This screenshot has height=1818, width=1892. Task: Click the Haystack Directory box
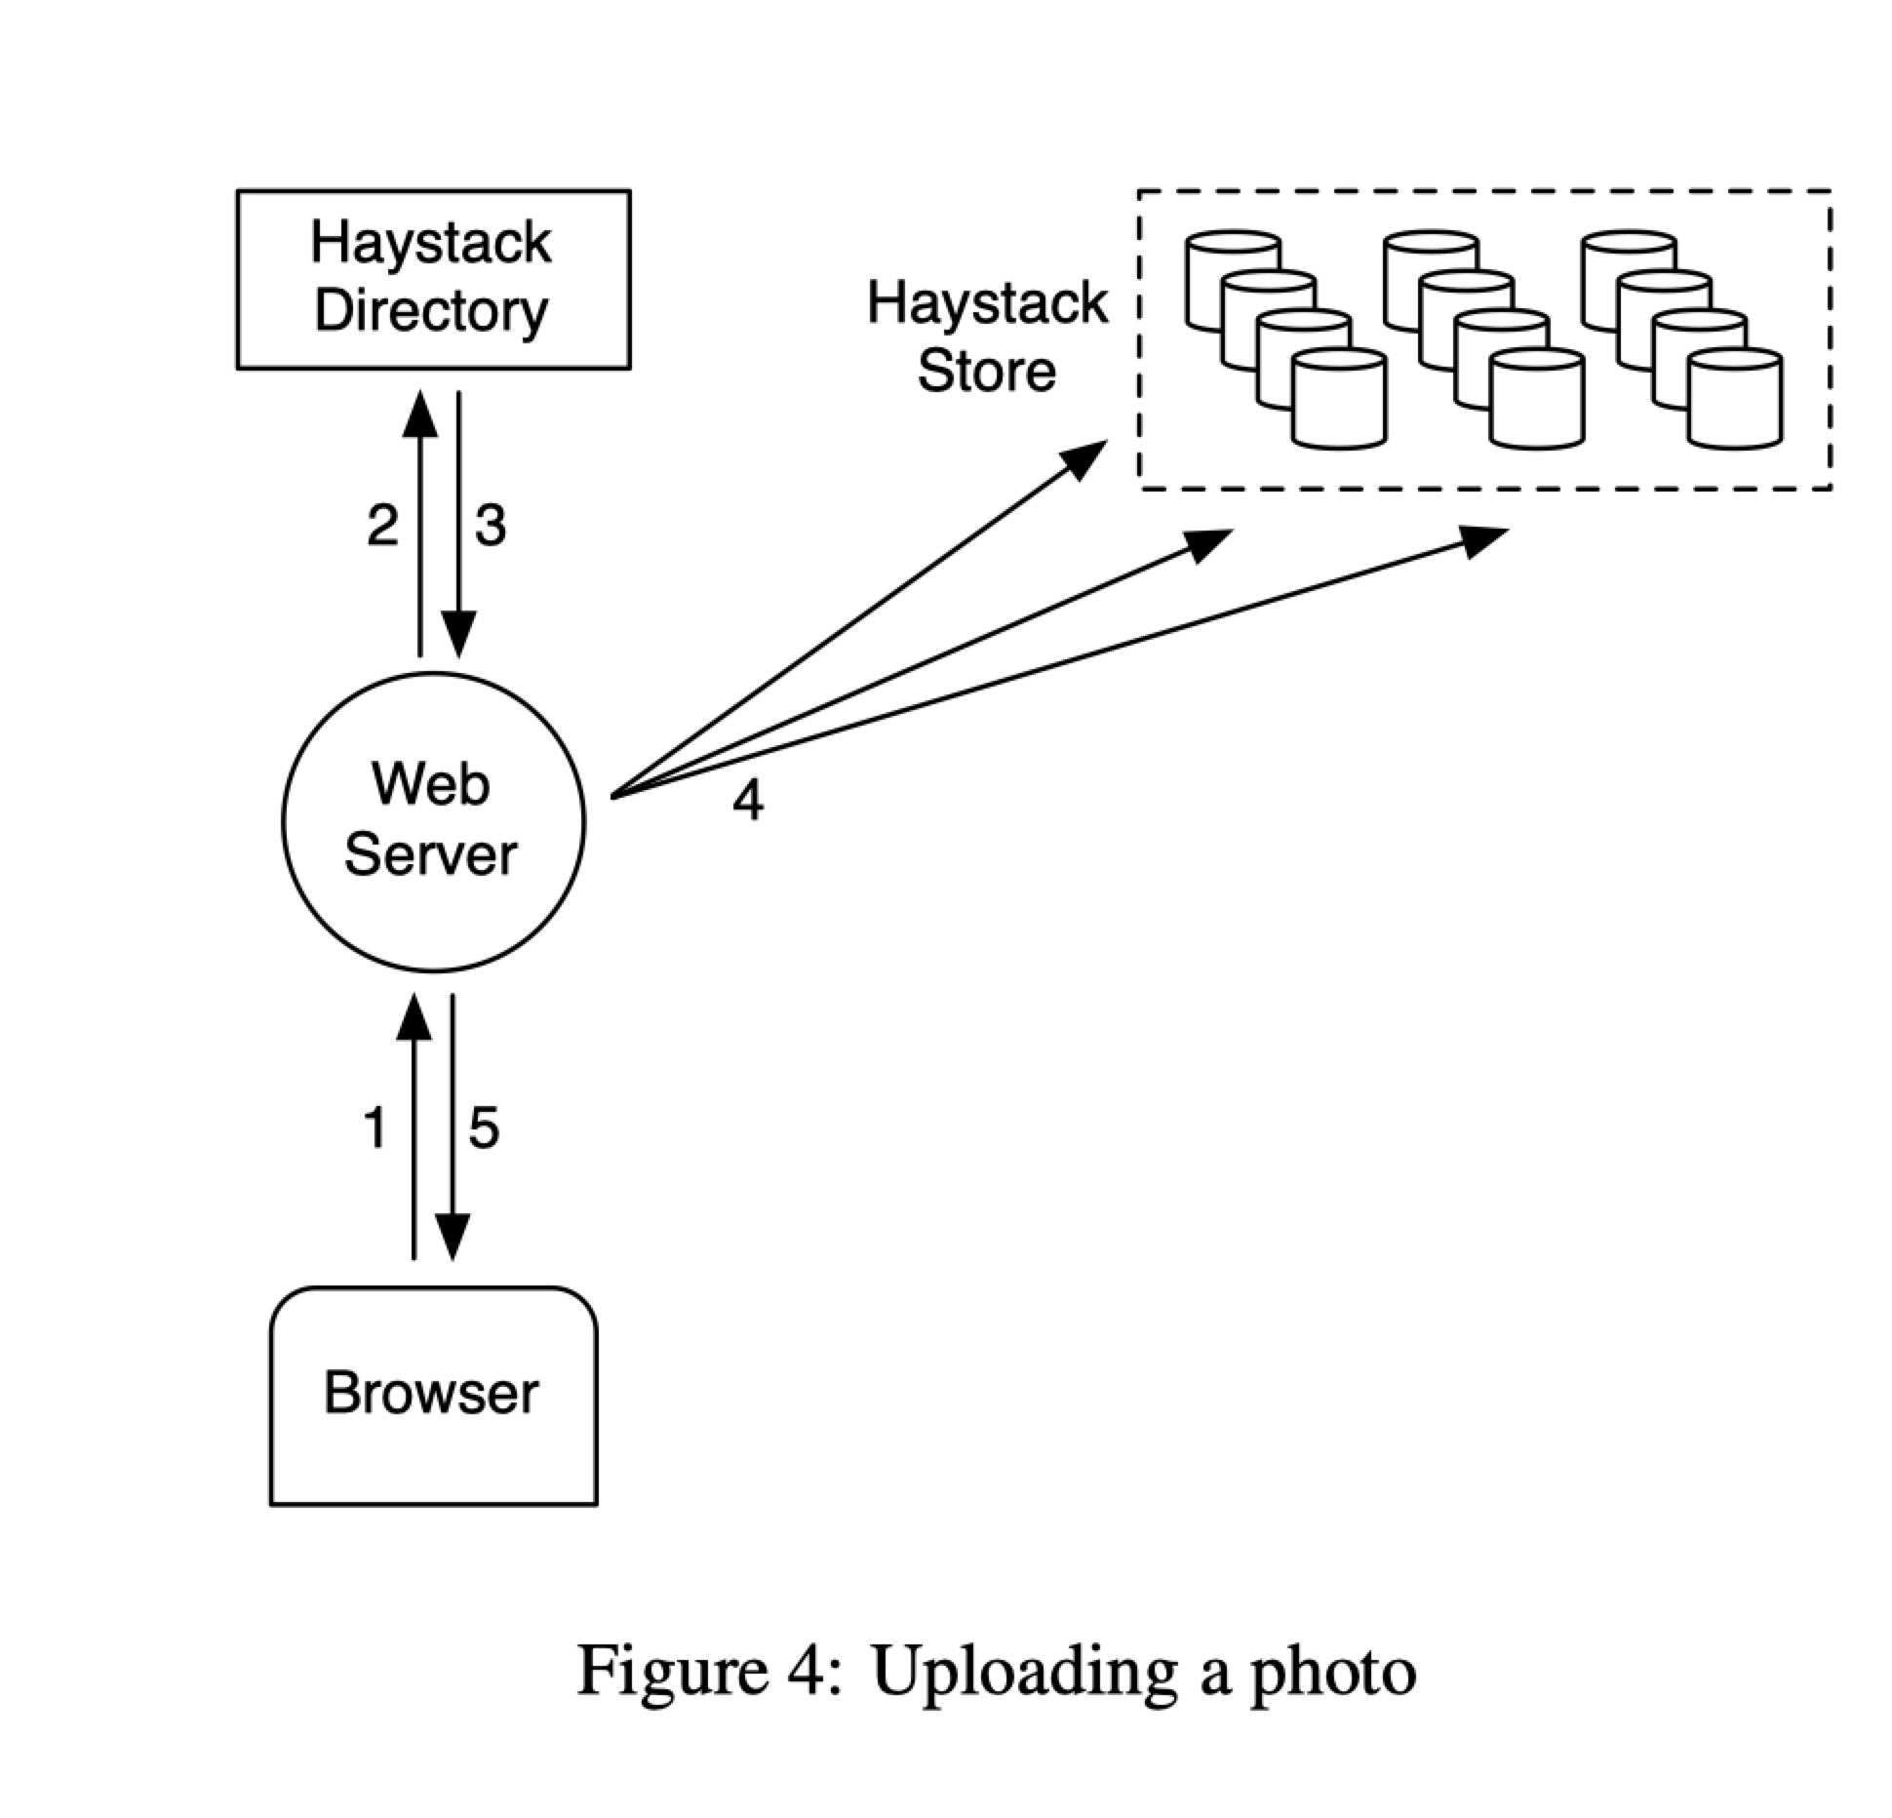433,279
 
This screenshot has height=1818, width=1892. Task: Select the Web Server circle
433,821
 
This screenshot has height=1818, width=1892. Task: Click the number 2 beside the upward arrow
382,526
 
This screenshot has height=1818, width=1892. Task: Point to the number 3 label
490,526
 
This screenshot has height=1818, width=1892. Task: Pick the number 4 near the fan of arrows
748,801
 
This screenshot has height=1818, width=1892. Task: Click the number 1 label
374,1127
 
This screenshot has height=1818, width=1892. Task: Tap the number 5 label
484,1127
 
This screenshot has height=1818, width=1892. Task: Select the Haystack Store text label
987,336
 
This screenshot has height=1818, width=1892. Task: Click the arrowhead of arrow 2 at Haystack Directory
420,415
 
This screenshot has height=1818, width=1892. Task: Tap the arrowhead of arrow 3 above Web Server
458,634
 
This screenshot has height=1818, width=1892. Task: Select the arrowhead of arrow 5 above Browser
453,1237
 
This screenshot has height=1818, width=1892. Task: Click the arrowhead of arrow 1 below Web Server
414,1019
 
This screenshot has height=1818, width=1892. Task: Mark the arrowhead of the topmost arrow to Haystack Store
1084,458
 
